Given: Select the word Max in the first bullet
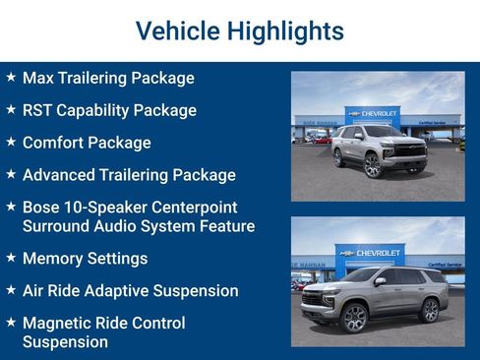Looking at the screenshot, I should pyautogui.click(x=38, y=78).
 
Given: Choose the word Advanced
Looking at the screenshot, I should pyautogui.click(x=61, y=175).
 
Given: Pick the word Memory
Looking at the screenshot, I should pyautogui.click(x=55, y=259).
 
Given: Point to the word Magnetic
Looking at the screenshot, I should pyautogui.click(x=58, y=323).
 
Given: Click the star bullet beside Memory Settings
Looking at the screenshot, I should pyautogui.click(x=11, y=258).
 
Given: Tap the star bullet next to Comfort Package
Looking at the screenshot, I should pyautogui.click(x=11, y=142).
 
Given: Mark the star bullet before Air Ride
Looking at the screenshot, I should pyautogui.click(x=11, y=290).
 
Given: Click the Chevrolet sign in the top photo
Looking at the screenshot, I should pyautogui.click(x=373, y=114).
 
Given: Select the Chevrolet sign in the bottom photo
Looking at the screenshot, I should pyautogui.click(x=370, y=253).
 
